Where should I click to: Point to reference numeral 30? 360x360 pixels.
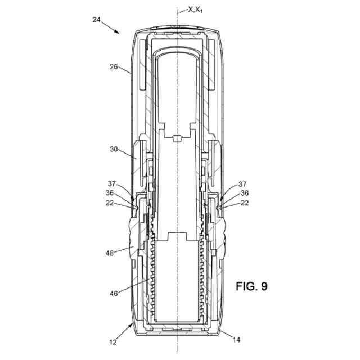click(114, 150)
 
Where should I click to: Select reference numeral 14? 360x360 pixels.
click(235, 340)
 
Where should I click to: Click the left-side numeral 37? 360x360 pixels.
click(112, 183)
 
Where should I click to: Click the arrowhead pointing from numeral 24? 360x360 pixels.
click(117, 33)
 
